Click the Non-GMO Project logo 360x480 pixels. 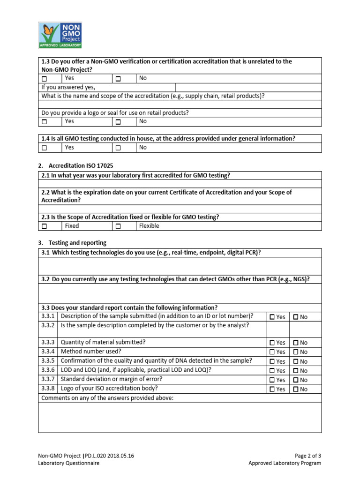click(60, 35)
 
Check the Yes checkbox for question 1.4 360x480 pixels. click(45, 148)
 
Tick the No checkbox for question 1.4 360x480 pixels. click(118, 148)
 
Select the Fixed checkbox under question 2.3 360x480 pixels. click(45, 226)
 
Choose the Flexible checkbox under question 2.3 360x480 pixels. click(118, 226)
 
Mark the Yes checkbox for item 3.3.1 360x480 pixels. click(272, 317)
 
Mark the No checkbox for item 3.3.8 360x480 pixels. click(296, 389)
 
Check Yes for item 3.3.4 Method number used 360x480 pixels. click(272, 352)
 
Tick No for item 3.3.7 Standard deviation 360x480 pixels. click(296, 380)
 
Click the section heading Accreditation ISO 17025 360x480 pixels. click(81, 166)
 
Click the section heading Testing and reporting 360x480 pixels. click(77, 243)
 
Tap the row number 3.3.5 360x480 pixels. click(48, 361)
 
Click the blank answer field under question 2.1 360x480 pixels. click(180, 184)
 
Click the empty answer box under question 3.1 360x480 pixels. click(180, 266)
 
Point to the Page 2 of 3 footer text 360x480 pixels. click(308, 455)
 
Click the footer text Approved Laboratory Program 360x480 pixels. click(285, 463)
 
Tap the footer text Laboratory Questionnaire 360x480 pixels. click(69, 463)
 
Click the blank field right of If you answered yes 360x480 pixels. click(248, 87)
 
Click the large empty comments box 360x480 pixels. click(180, 417)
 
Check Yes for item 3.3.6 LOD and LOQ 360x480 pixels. click(272, 371)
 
